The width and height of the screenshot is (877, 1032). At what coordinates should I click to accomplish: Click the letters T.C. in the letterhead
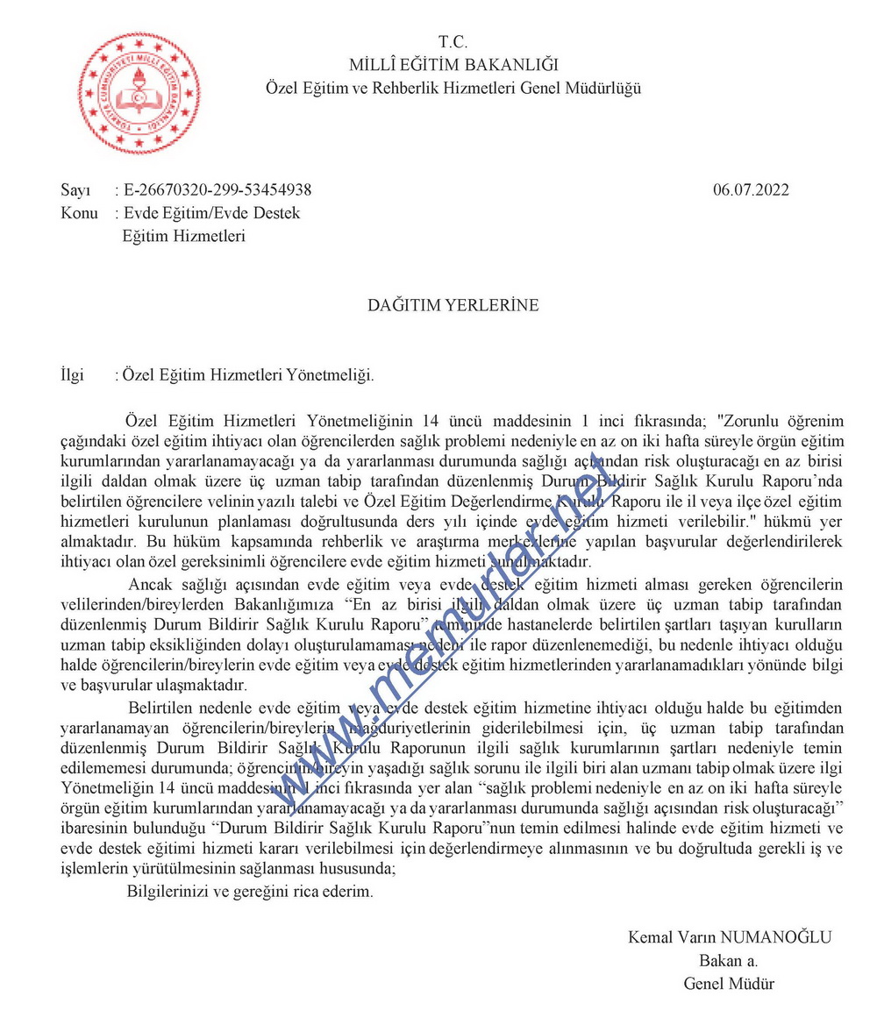[x=453, y=42]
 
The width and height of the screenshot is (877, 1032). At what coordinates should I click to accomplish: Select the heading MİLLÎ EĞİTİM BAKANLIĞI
[x=453, y=64]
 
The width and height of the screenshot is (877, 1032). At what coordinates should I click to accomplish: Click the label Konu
[x=80, y=213]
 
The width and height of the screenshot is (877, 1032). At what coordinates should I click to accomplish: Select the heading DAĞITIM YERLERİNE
[x=453, y=306]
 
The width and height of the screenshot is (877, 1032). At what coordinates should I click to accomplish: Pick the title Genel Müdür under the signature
[x=729, y=983]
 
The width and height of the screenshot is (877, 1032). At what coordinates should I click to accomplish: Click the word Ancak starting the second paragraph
[x=149, y=585]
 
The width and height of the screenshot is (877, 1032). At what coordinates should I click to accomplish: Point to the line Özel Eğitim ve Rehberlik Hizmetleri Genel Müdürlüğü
[x=453, y=88]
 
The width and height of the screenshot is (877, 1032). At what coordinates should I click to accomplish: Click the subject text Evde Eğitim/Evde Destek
[x=212, y=213]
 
